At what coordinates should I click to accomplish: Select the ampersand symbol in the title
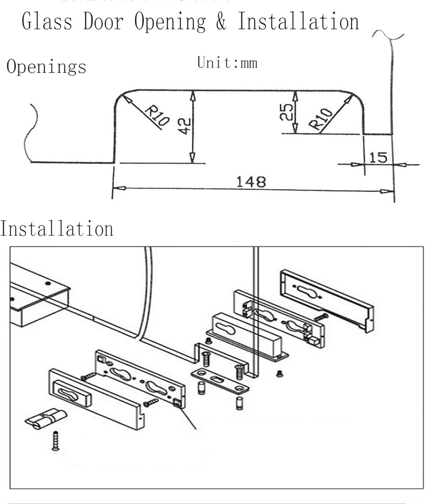(x=222, y=22)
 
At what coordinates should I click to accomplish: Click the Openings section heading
(x=46, y=67)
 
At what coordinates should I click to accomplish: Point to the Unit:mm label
(x=227, y=63)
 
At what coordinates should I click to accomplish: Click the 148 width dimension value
(x=251, y=182)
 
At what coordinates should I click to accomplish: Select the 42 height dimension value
(x=184, y=127)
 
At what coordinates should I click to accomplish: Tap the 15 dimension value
(x=378, y=157)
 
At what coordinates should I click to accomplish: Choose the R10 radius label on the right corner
(x=322, y=120)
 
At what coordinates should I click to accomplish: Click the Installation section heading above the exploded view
(x=57, y=229)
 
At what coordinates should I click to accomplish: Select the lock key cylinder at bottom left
(x=43, y=420)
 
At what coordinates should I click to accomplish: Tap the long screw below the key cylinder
(x=56, y=440)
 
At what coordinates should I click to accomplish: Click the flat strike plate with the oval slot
(x=219, y=382)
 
